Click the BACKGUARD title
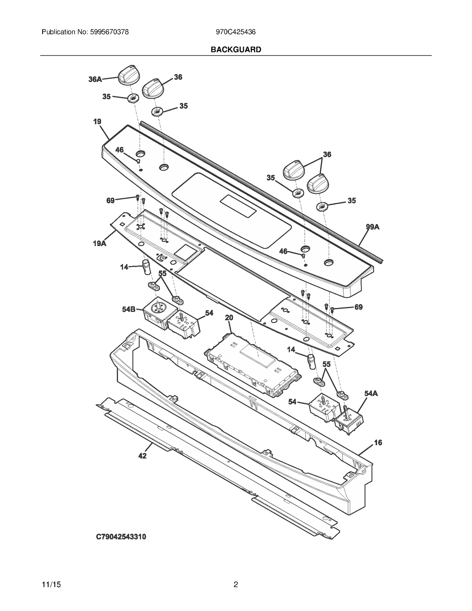tap(236, 50)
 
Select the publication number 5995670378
tap(109, 32)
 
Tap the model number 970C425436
tap(236, 32)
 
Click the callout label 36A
tap(95, 79)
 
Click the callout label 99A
tap(373, 227)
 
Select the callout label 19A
tap(99, 243)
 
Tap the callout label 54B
tap(129, 309)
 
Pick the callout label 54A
tap(371, 393)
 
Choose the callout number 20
tap(229, 317)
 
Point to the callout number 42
tap(142, 456)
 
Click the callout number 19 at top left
tap(97, 122)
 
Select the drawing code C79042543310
tap(121, 537)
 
